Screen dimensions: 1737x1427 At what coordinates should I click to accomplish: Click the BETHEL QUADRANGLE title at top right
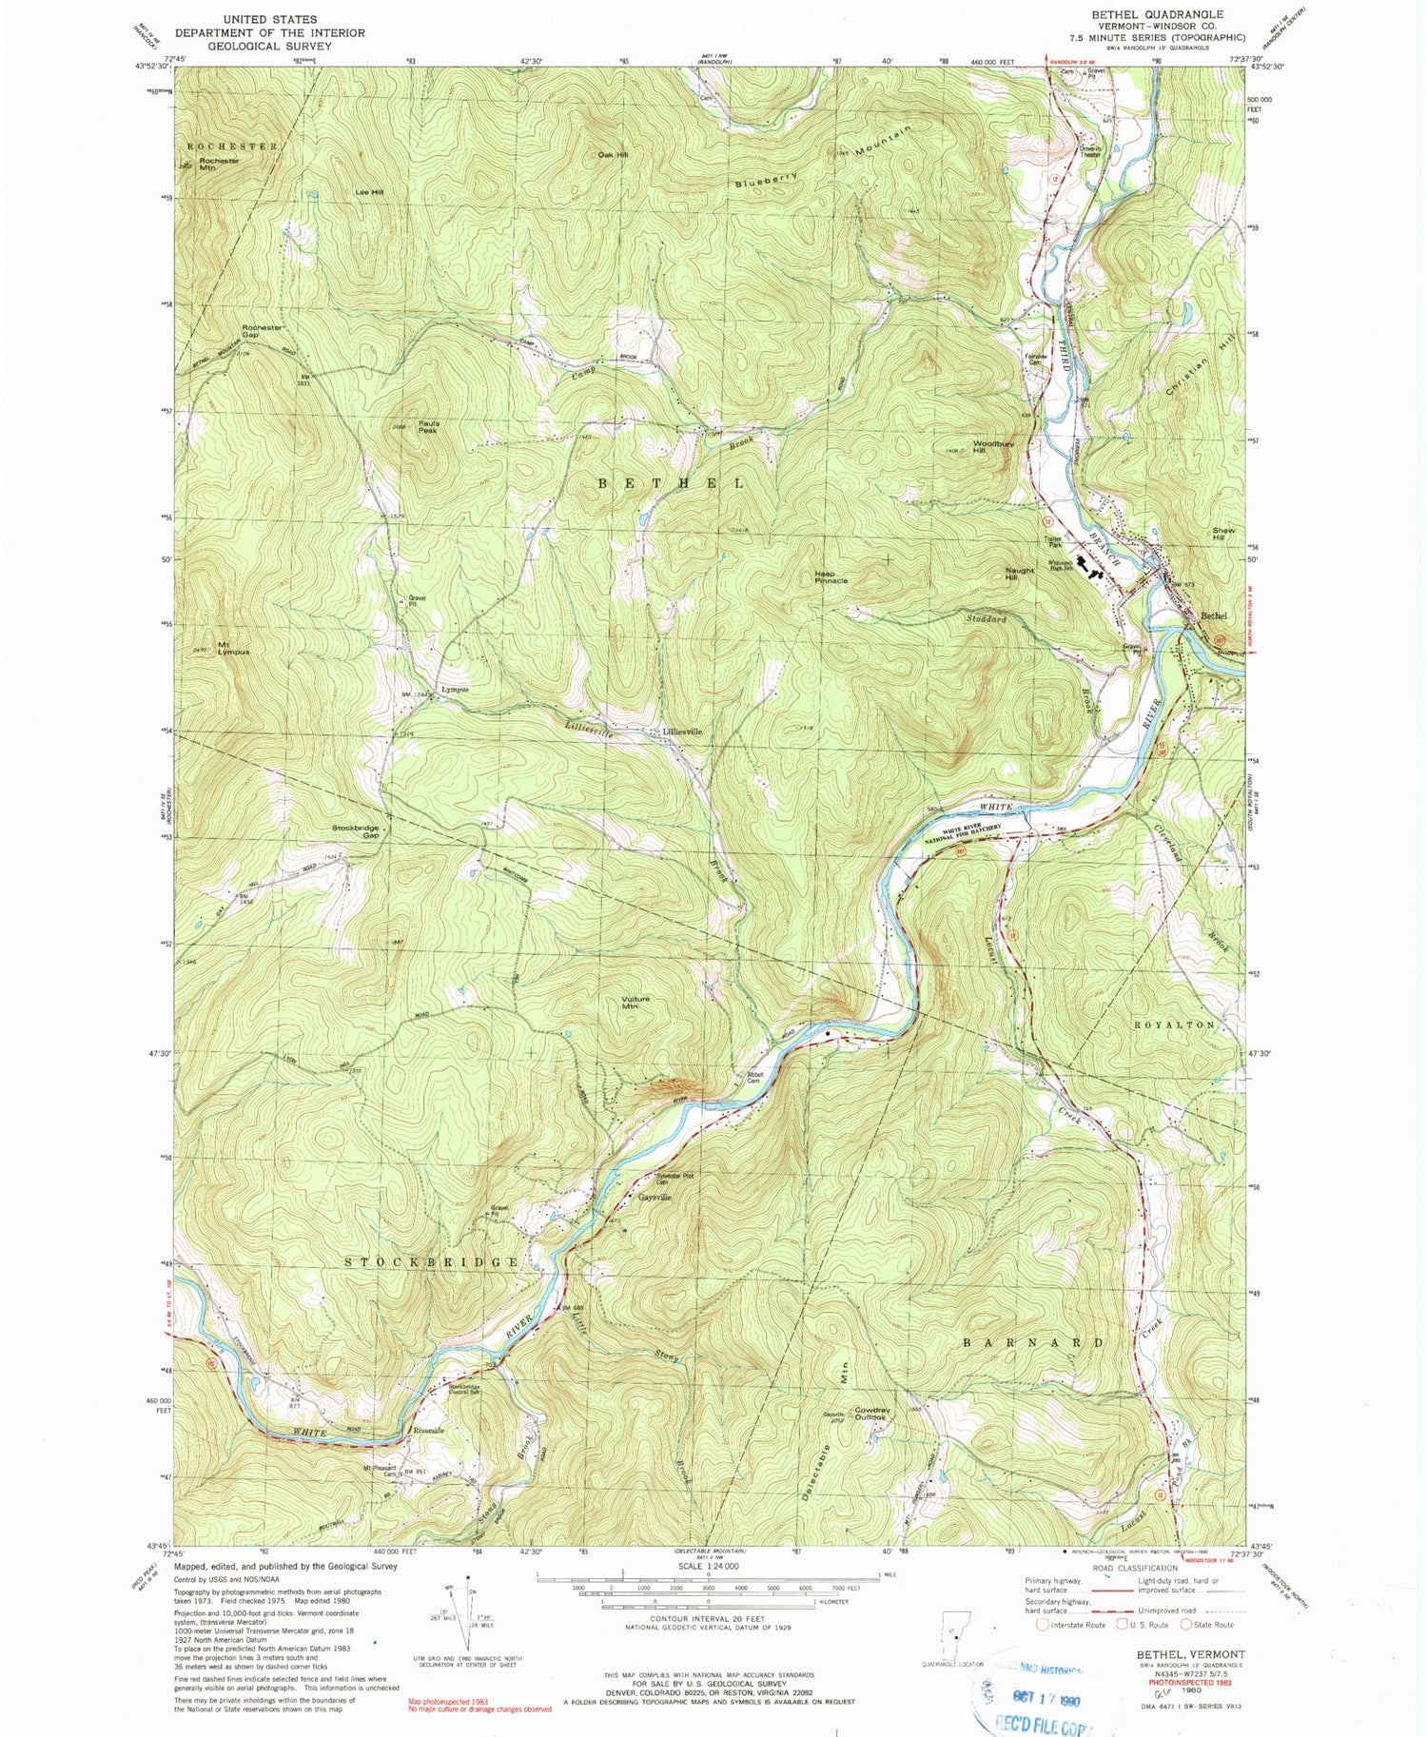(1157, 14)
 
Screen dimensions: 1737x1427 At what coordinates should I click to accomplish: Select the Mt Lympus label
(233, 648)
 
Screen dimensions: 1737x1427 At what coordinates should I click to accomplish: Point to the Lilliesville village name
(675, 732)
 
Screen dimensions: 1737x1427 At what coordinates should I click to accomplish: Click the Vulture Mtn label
(635, 1002)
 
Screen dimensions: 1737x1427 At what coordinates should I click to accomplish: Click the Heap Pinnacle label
(831, 576)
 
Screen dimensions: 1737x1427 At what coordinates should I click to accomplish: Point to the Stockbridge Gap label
(356, 830)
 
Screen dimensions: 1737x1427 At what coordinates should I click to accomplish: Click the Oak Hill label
(613, 154)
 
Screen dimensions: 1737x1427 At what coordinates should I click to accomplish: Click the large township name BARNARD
(1034, 1342)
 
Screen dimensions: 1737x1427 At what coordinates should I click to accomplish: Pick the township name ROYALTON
(1174, 1025)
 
